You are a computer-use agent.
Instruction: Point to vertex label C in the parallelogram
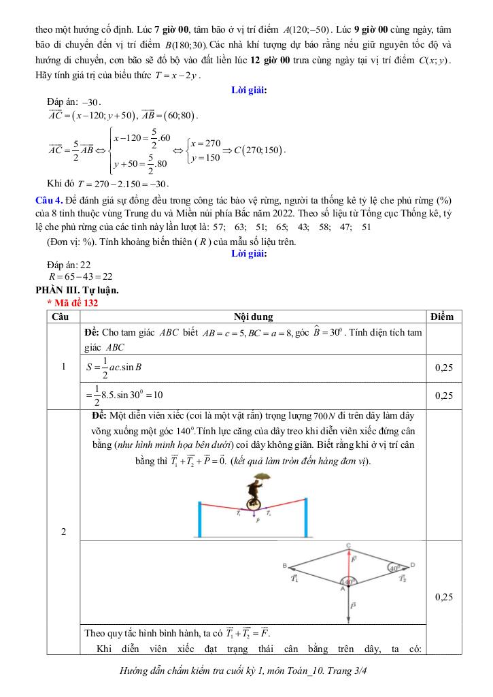click(348, 545)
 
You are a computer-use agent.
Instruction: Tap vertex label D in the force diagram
click(412, 565)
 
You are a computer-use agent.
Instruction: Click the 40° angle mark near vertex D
click(395, 568)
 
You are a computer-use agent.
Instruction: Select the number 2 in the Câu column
click(63, 532)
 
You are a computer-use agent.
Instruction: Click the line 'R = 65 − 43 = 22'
click(80, 277)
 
